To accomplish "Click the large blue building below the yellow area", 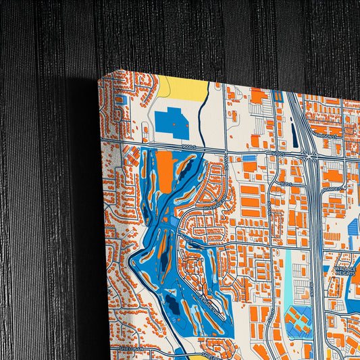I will click(172, 123).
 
